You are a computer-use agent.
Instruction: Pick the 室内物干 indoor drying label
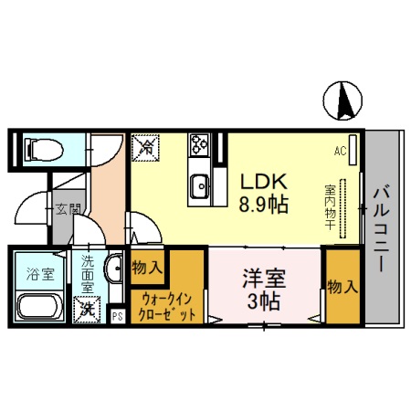[329, 209]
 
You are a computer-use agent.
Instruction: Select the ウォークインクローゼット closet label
[165, 303]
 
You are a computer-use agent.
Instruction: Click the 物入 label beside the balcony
[342, 286]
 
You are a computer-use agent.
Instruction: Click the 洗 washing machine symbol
[89, 308]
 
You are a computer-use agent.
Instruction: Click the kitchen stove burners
[200, 143]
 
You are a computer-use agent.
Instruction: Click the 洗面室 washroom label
[88, 272]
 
